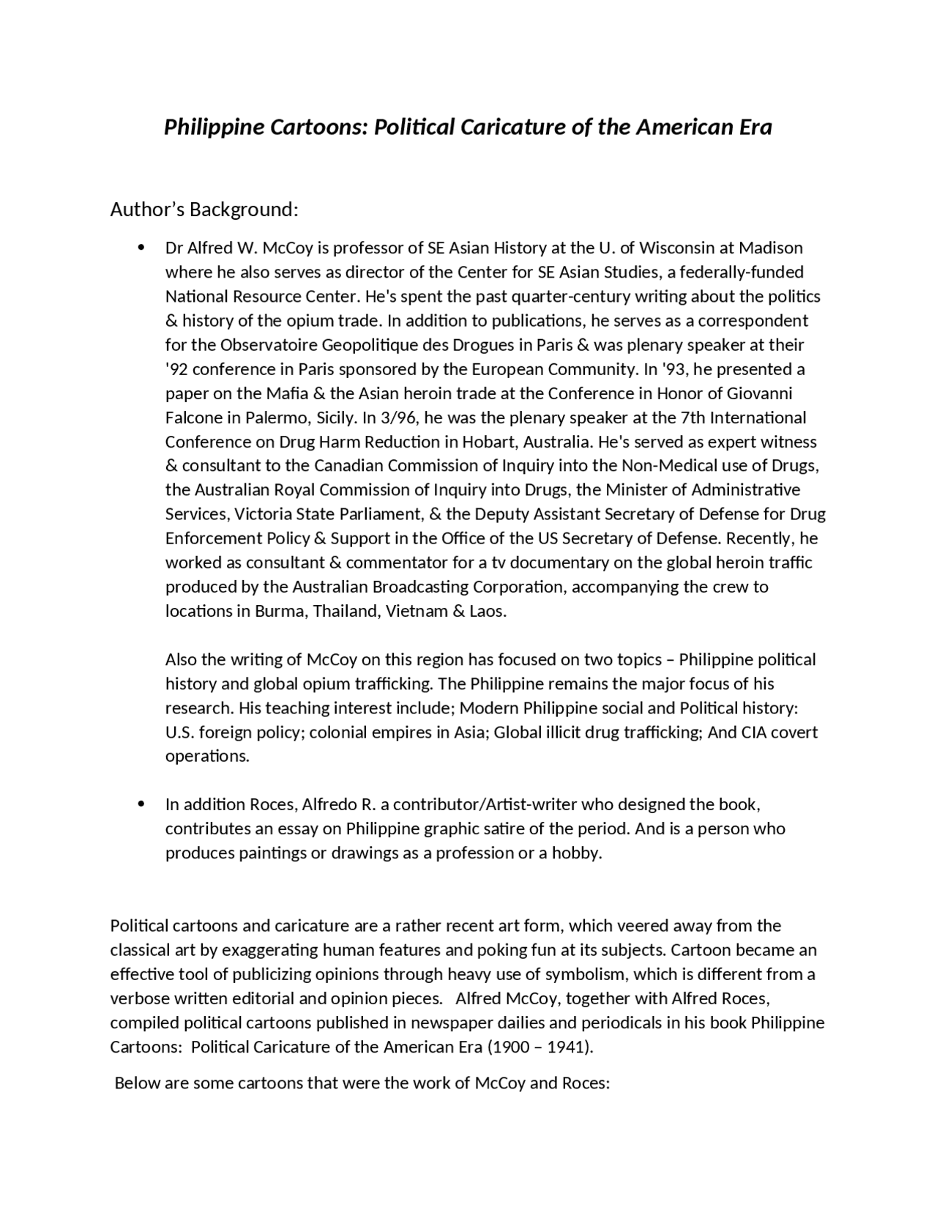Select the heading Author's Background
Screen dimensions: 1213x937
point(204,210)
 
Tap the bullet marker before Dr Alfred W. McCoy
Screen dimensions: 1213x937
point(141,248)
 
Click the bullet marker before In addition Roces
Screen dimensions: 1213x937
point(141,804)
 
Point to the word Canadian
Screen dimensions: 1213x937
point(348,466)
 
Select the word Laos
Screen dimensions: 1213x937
point(487,611)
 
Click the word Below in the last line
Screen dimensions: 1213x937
point(137,1083)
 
